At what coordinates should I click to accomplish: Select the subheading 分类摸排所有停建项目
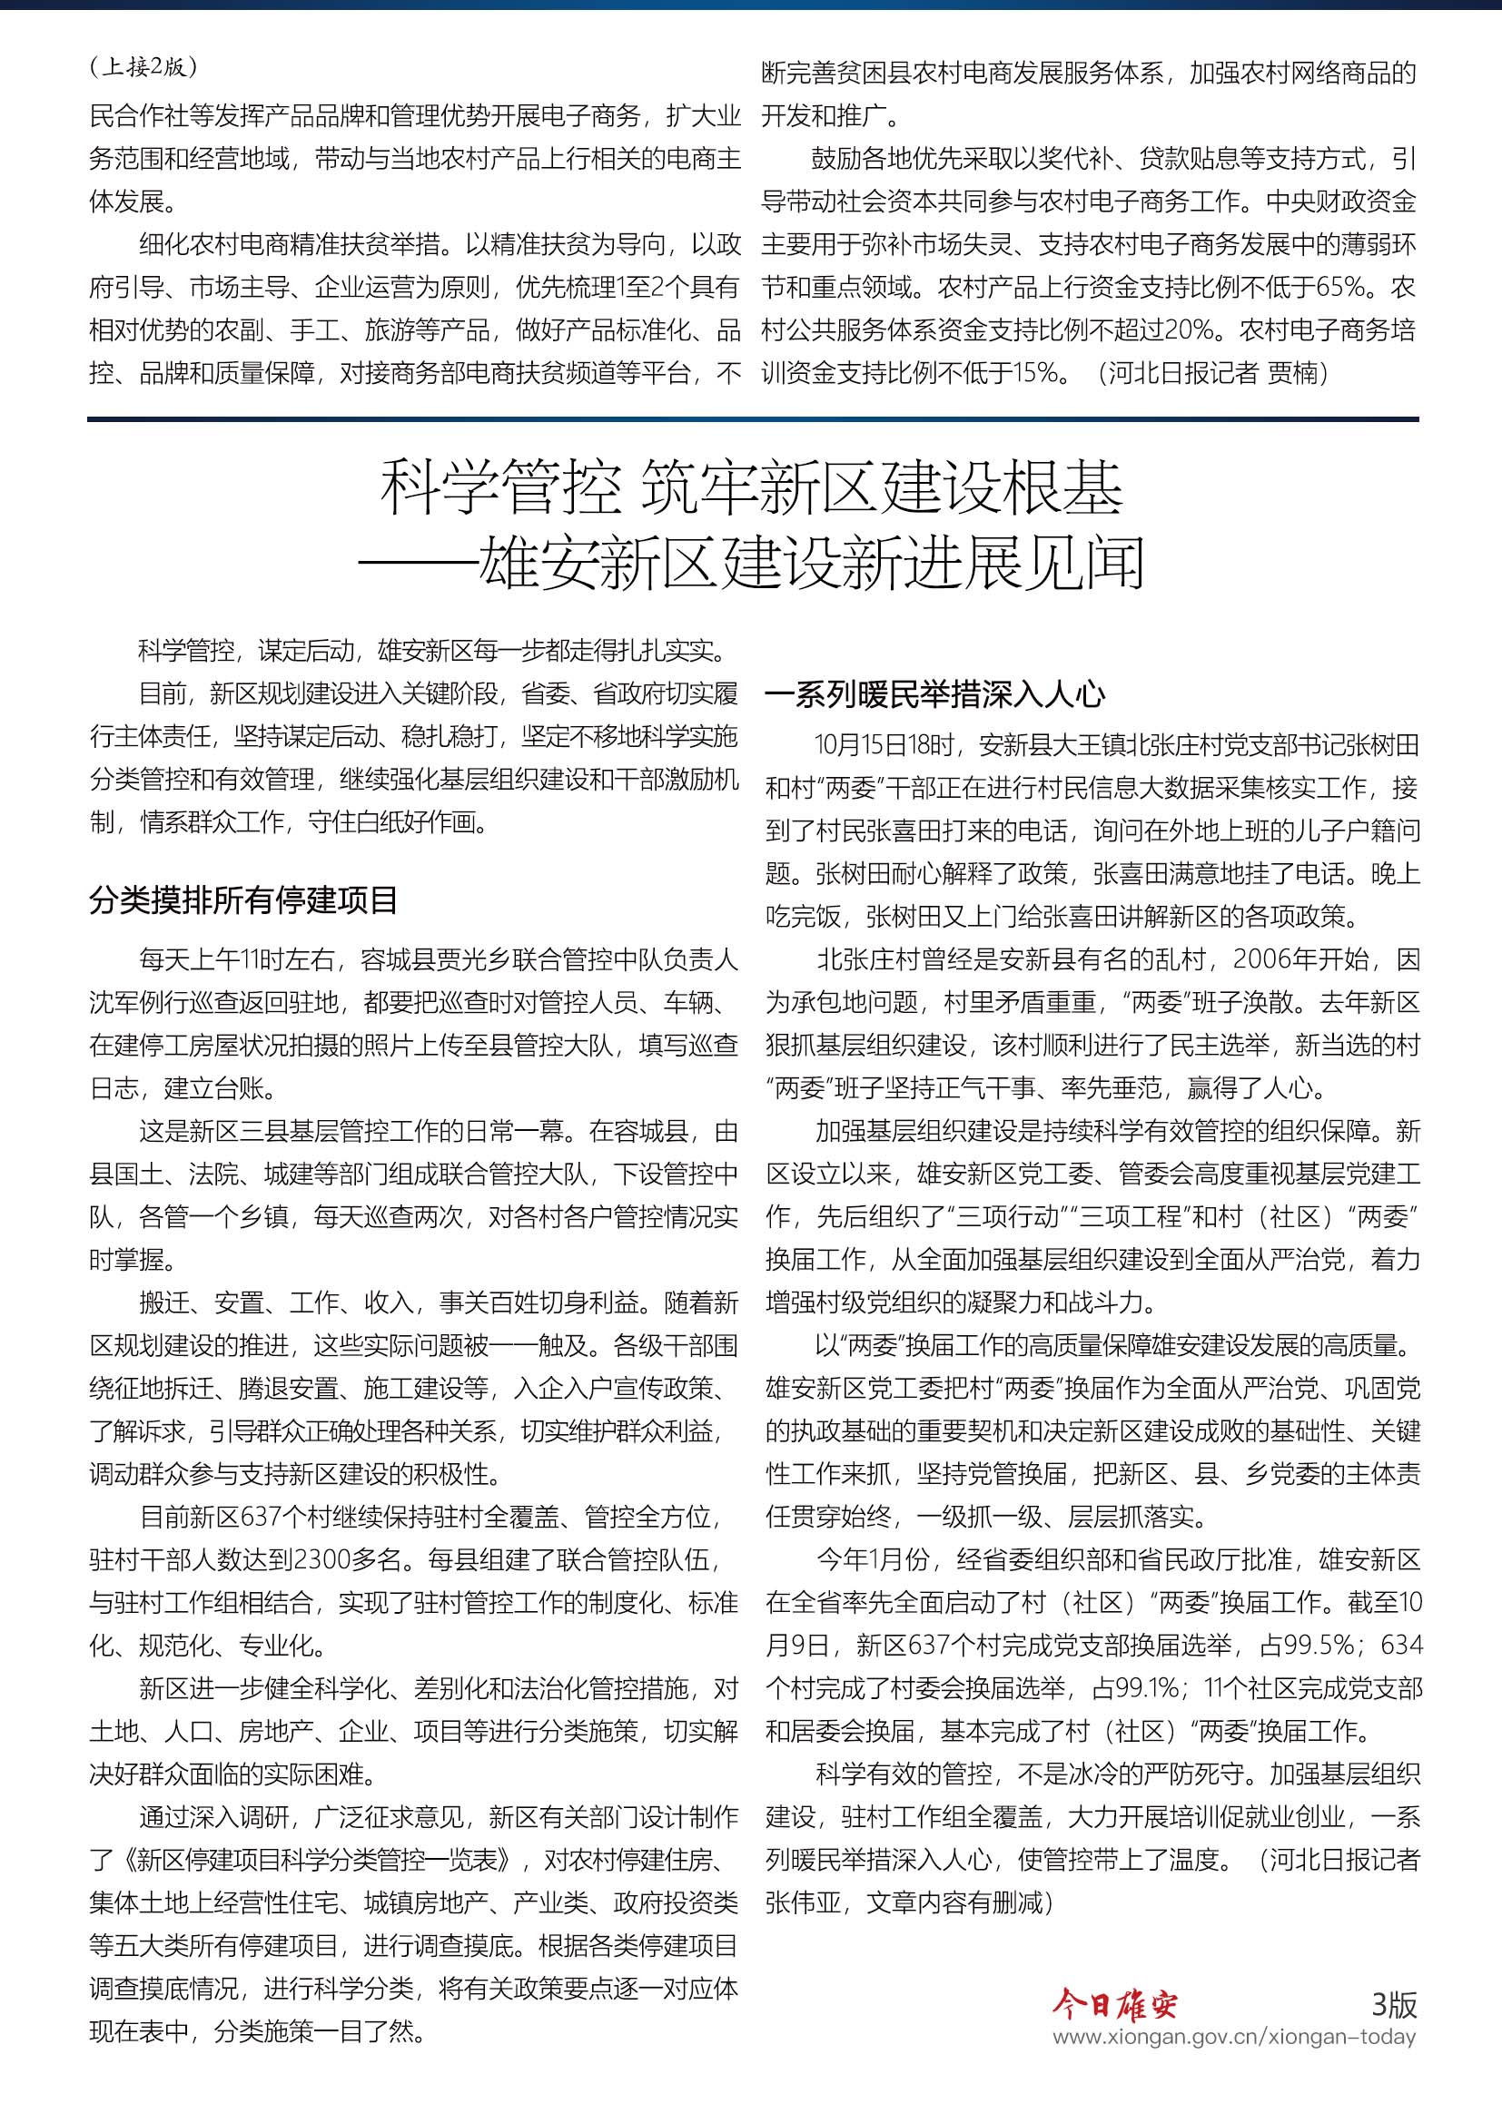pyautogui.click(x=243, y=899)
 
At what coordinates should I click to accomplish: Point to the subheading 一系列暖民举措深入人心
pyautogui.click(x=935, y=694)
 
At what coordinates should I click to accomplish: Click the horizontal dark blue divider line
pyautogui.click(x=752, y=418)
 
